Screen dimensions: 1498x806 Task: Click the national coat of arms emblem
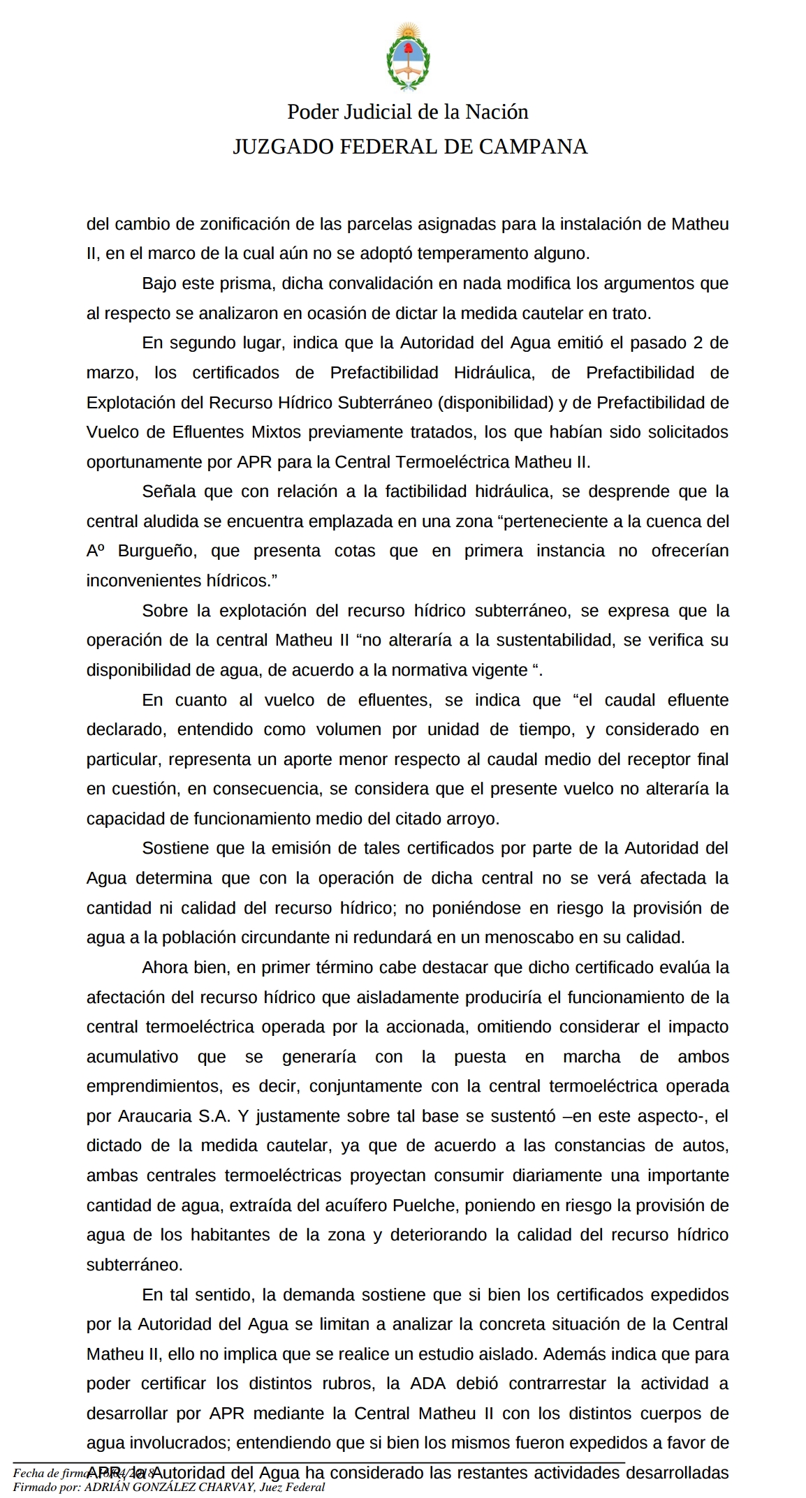coord(407,57)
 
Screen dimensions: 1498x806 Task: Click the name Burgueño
coord(158,551)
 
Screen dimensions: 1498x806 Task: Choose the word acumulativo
coord(133,1057)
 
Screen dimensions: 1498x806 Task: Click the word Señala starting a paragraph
coord(168,491)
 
